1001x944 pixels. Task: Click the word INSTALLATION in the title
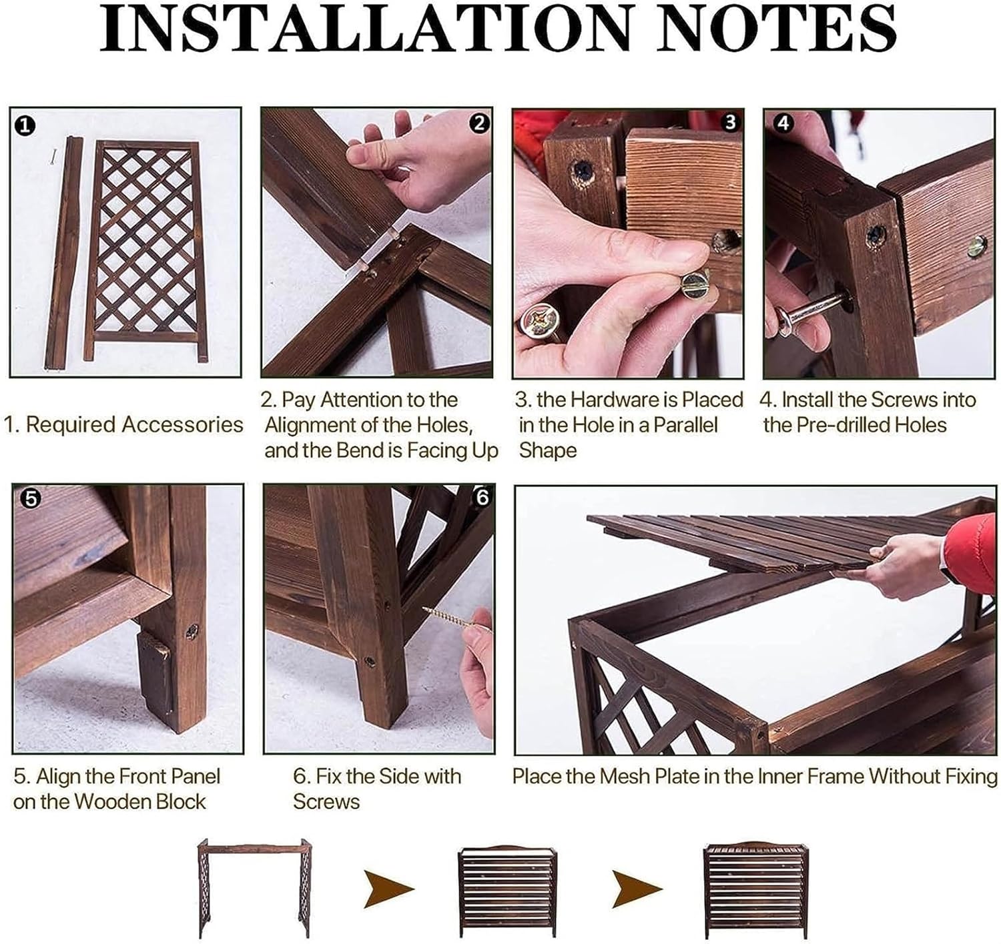[366, 27]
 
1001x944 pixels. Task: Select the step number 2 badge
[479, 123]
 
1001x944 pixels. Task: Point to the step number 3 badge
[730, 122]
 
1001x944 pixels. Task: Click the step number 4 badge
[783, 123]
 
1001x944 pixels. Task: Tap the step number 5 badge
[31, 498]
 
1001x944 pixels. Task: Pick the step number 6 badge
[482, 498]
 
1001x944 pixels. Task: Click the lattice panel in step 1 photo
[146, 250]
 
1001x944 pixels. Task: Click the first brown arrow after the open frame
[388, 889]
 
